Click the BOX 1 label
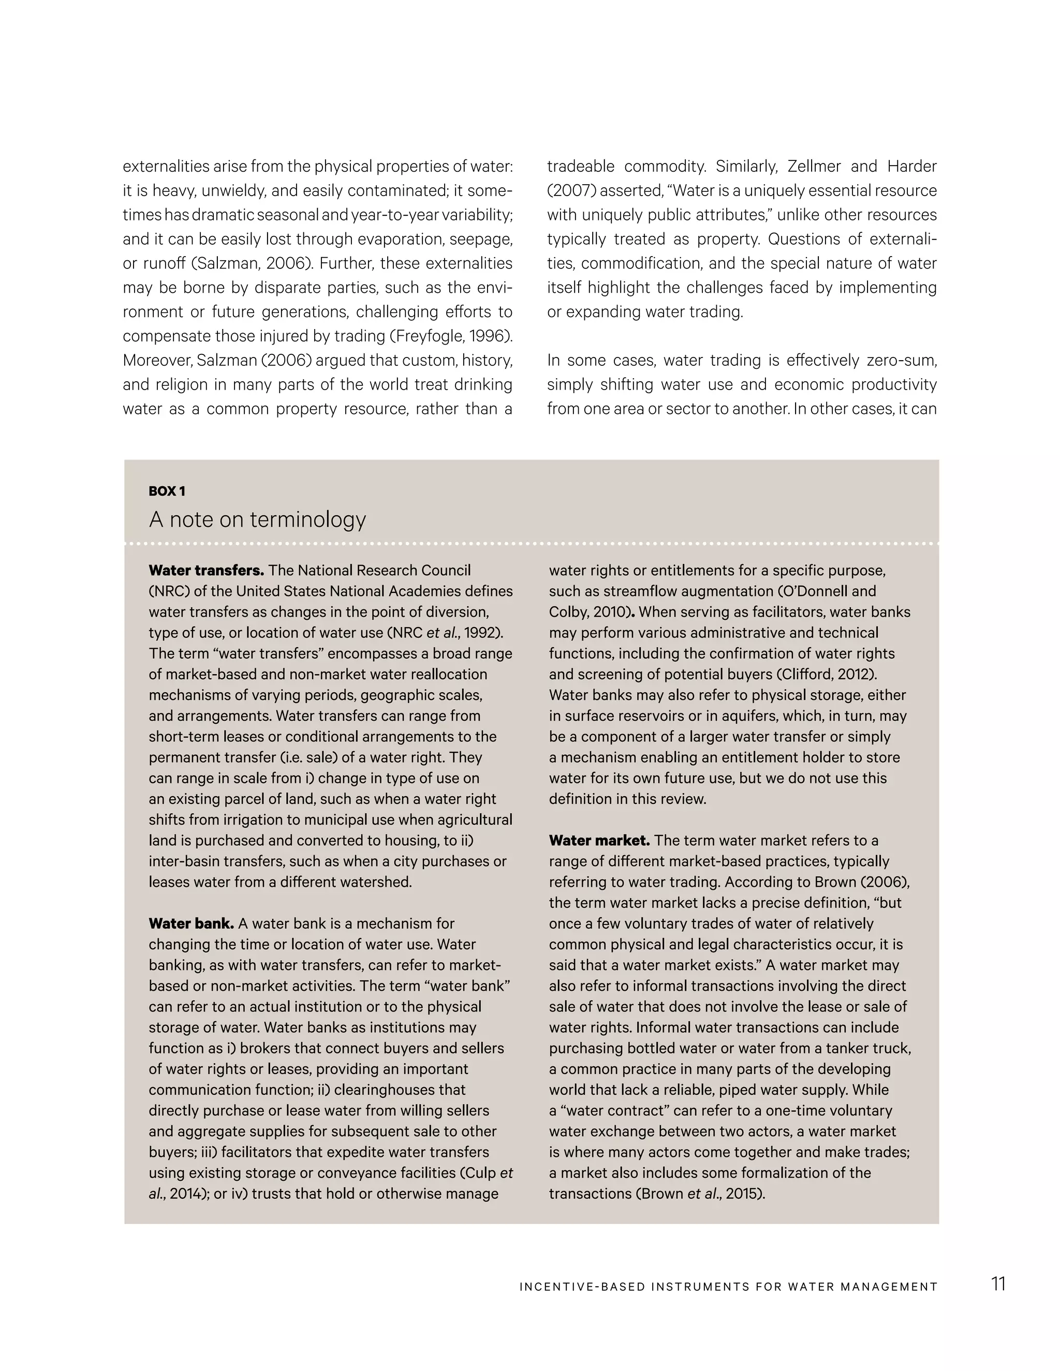[x=167, y=491]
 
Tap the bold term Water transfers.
[x=206, y=571]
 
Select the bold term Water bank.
[x=191, y=923]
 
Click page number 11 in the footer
[x=998, y=1284]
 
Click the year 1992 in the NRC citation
[x=481, y=633]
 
